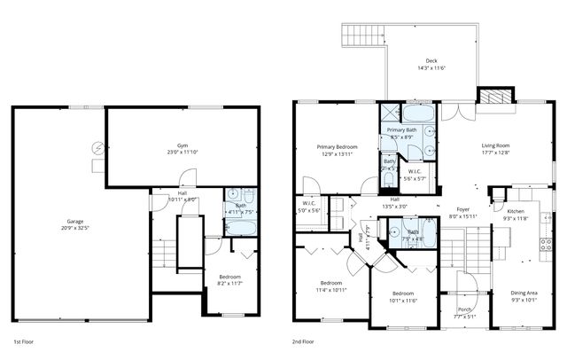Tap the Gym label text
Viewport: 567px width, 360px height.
tap(182, 144)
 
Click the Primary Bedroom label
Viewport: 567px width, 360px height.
tap(337, 146)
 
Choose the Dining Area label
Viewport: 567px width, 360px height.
tap(524, 293)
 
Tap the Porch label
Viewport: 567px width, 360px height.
tap(465, 309)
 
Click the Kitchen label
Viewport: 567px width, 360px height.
tap(516, 211)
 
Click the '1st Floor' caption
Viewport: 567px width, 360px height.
tap(24, 340)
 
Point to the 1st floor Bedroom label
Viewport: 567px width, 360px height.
tap(229, 277)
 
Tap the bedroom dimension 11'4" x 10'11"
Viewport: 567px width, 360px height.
tap(333, 289)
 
